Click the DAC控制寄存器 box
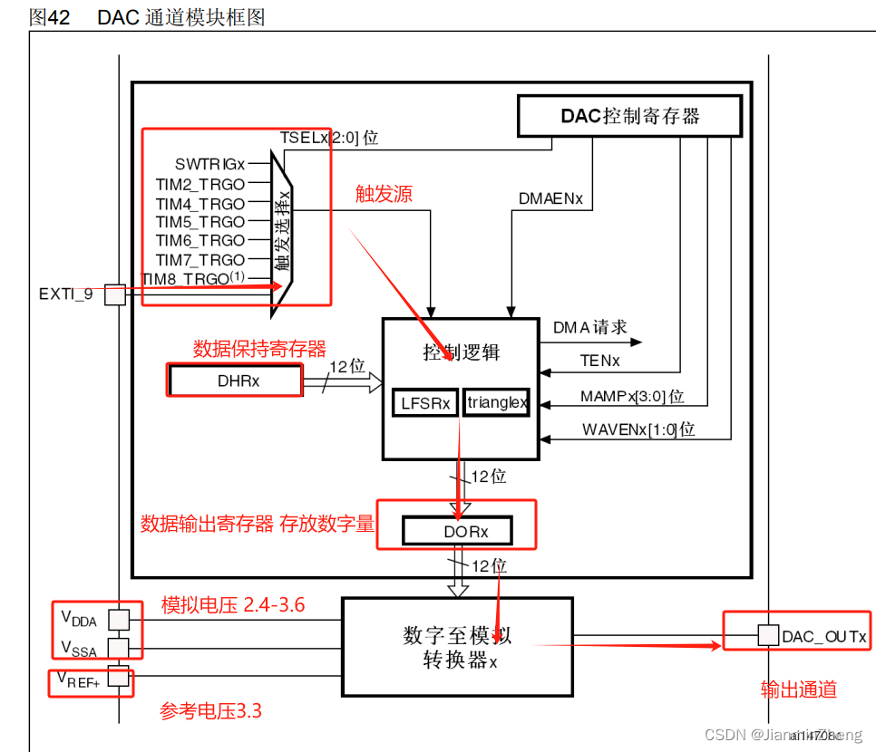click(x=629, y=116)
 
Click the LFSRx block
click(x=424, y=403)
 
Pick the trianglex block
click(x=496, y=403)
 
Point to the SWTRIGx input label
click(x=209, y=164)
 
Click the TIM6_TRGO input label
click(x=200, y=241)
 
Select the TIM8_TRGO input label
click(x=193, y=279)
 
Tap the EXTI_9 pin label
click(x=65, y=294)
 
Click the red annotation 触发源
click(x=384, y=195)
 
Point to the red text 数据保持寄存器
click(x=259, y=349)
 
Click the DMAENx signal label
click(x=550, y=198)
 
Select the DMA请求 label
click(x=589, y=328)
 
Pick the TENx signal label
click(x=599, y=361)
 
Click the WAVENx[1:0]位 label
click(x=638, y=429)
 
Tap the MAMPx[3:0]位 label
click(x=632, y=396)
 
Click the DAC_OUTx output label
click(x=823, y=637)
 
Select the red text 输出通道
click(x=798, y=689)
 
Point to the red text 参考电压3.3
click(x=210, y=711)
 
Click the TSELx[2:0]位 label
click(x=329, y=138)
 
